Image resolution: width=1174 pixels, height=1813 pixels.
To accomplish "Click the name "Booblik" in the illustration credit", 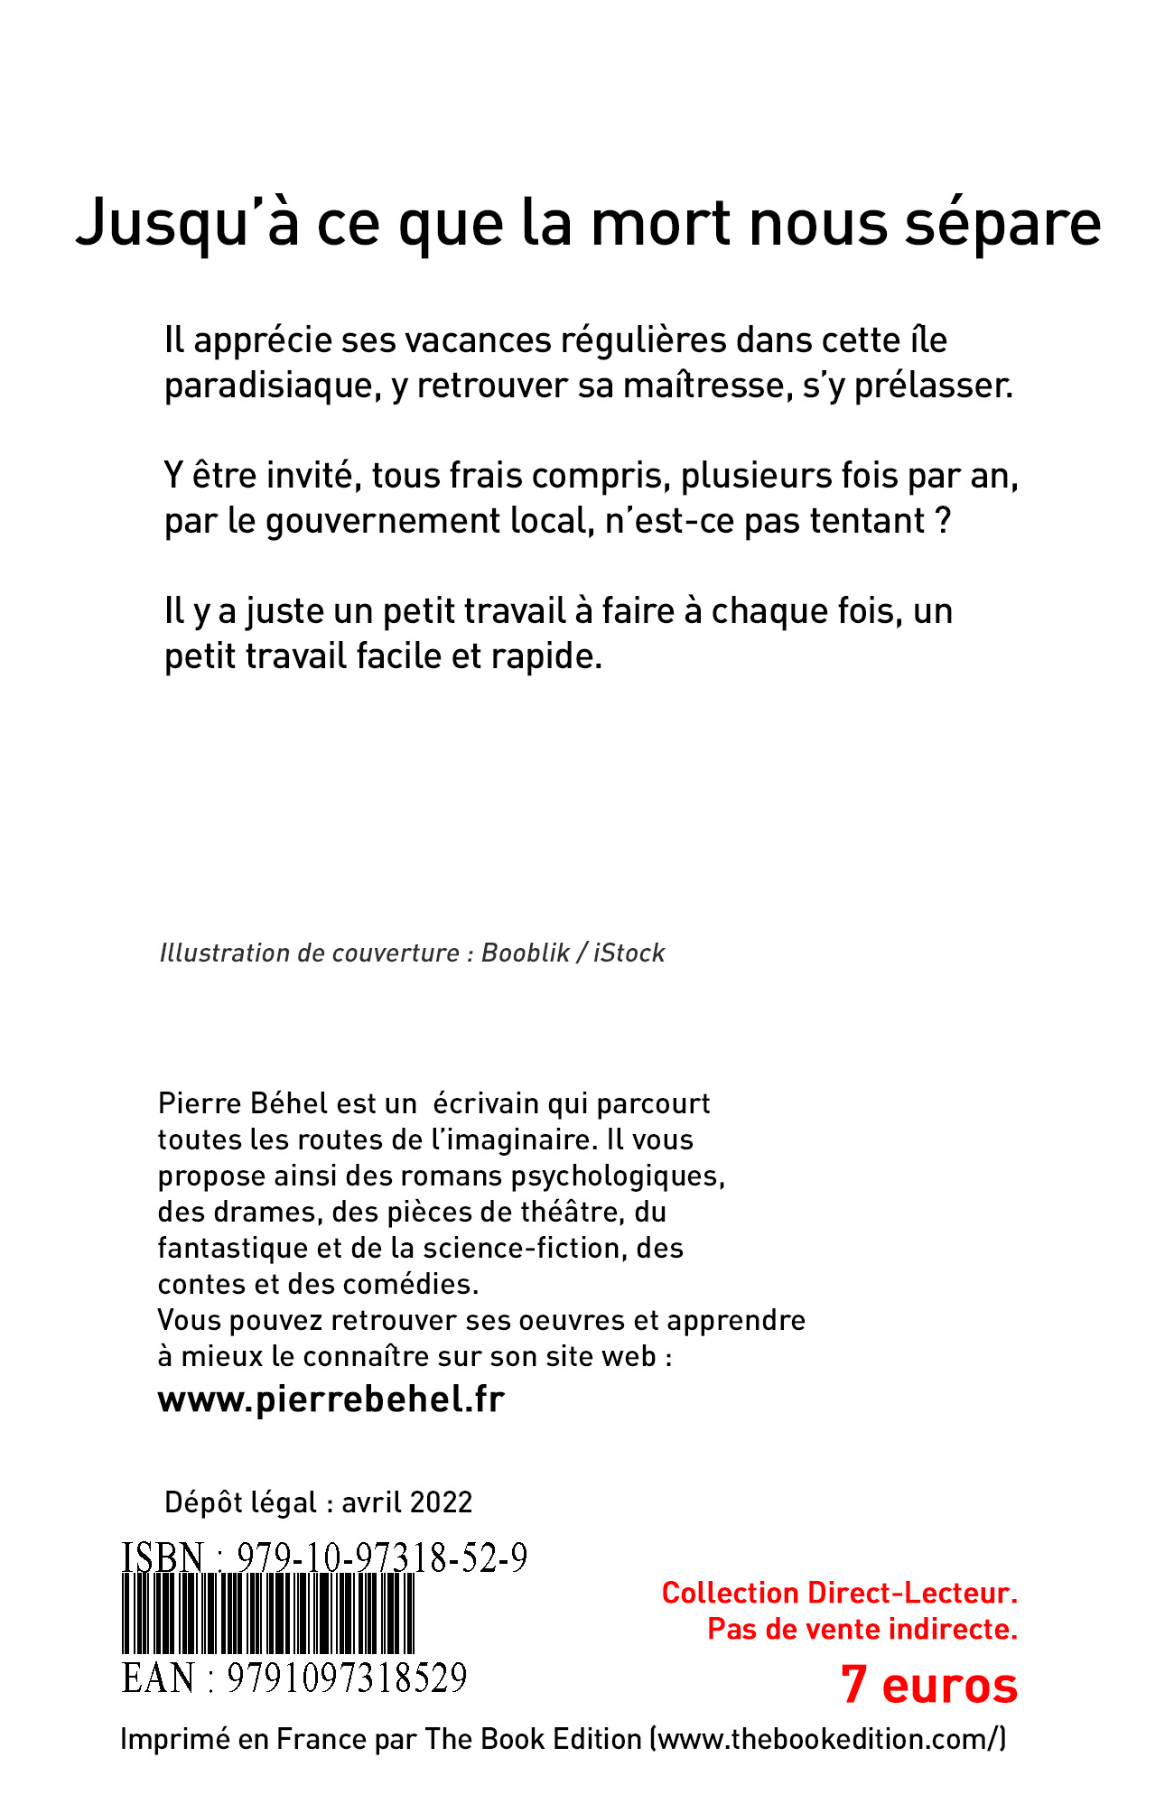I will [x=526, y=953].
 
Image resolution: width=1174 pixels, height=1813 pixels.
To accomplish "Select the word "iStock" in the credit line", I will [x=629, y=953].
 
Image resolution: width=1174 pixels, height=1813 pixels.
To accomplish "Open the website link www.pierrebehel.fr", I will [x=331, y=1399].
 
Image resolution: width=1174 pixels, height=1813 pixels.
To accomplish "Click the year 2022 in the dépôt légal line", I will [x=440, y=1502].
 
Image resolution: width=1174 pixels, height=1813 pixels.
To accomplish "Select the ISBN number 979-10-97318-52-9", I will [x=382, y=1559].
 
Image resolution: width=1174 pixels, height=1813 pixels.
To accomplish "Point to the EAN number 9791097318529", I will [x=347, y=1678].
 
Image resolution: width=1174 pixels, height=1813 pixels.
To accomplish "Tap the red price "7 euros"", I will [x=928, y=1685].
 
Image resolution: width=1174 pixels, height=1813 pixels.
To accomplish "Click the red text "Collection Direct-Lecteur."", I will [x=839, y=1593].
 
